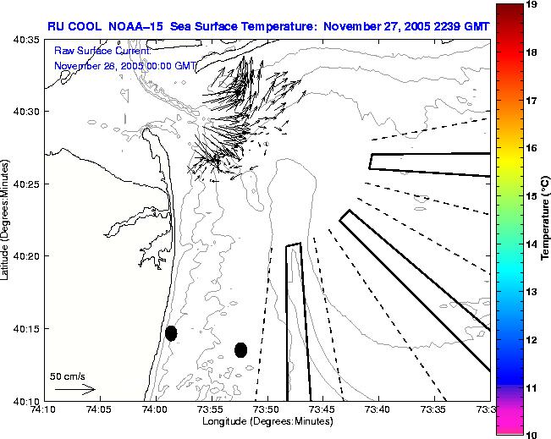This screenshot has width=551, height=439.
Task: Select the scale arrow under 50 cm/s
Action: point(75,389)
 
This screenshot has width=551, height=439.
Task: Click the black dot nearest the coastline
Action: point(171,333)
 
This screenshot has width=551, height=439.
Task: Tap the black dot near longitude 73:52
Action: point(240,349)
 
